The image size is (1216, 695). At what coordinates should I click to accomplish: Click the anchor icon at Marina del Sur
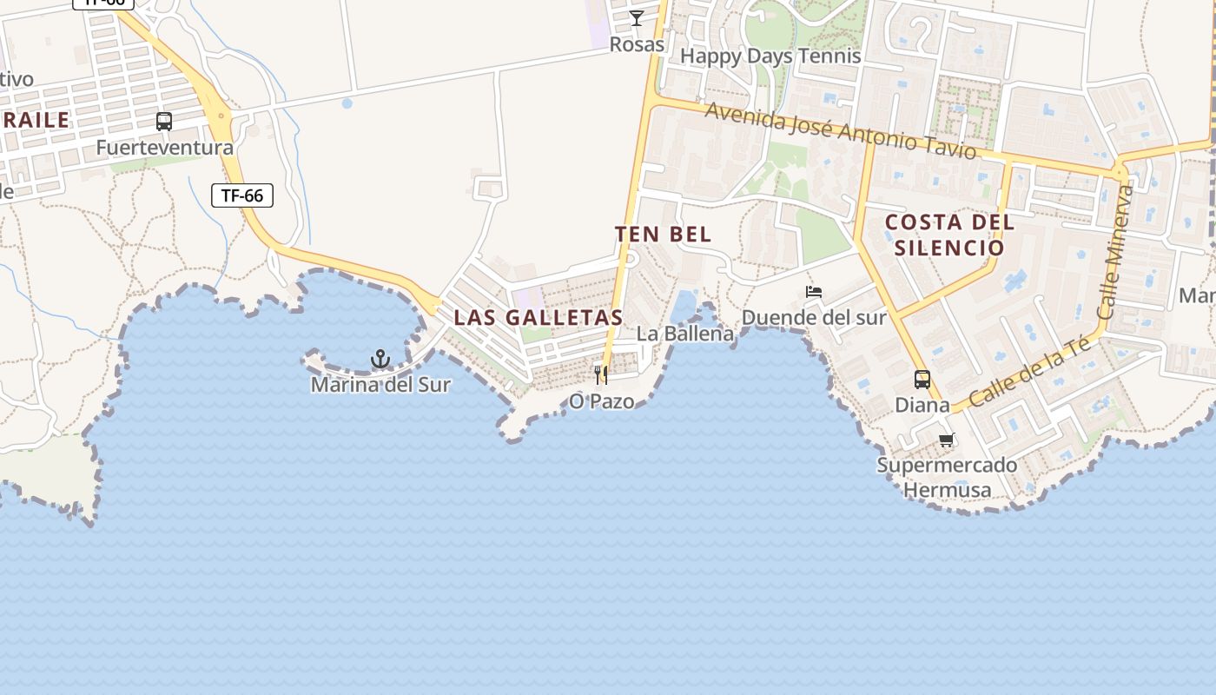[380, 358]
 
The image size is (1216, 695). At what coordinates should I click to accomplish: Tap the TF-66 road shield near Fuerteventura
[242, 195]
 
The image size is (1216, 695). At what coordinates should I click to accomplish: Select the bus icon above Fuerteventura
[164, 122]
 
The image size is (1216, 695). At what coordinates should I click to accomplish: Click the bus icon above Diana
[922, 380]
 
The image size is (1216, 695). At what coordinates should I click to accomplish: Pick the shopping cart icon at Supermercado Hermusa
[947, 440]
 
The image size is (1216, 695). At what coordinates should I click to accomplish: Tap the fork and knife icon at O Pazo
[601, 375]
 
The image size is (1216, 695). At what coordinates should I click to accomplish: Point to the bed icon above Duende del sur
[814, 292]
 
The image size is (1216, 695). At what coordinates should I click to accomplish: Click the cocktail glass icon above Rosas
[637, 18]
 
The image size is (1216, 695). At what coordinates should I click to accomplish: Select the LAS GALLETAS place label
[539, 318]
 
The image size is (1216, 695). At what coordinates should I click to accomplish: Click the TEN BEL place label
[664, 235]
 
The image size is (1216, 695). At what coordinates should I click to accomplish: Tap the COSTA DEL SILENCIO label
[949, 235]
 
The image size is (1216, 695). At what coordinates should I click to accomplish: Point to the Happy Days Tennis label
[770, 56]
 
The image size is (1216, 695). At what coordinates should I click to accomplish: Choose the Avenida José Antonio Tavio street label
[841, 131]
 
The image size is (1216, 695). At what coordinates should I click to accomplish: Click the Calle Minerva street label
[1115, 252]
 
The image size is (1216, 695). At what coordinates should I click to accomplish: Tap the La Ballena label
[685, 334]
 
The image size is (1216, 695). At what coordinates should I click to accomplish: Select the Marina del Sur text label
[380, 384]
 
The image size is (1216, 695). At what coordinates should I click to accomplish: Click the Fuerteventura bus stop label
[164, 148]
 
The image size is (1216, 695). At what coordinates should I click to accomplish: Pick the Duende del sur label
[814, 318]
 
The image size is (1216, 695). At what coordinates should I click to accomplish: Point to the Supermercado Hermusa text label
[947, 478]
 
